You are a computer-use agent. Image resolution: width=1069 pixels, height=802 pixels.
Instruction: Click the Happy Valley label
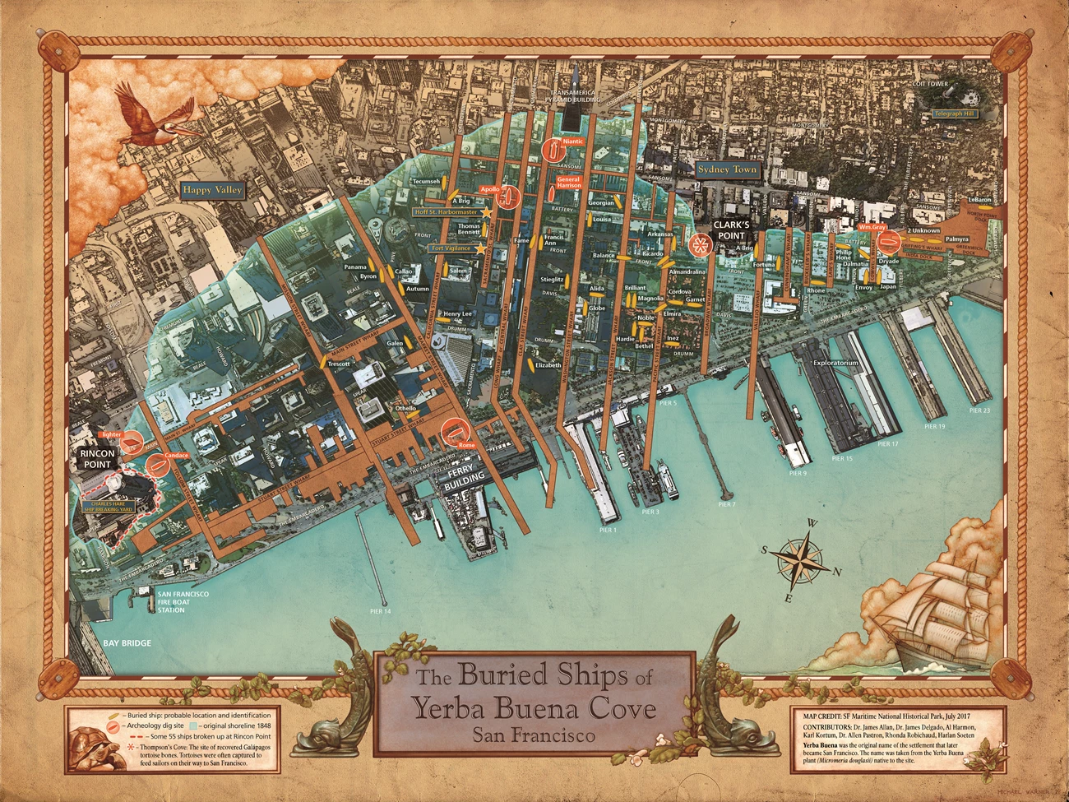pos(212,190)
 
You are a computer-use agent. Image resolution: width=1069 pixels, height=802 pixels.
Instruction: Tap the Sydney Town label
pos(727,169)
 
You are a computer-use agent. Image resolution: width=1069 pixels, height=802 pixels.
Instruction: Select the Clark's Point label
pos(730,230)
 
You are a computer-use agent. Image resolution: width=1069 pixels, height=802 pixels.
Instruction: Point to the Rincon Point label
pos(97,459)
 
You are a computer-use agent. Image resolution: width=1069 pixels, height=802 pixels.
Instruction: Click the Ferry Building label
pos(465,480)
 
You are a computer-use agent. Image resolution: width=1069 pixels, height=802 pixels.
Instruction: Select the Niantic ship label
pos(573,141)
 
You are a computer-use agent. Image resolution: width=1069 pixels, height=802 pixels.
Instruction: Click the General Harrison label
pos(568,183)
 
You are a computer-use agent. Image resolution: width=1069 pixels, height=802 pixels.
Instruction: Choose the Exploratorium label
pos(835,362)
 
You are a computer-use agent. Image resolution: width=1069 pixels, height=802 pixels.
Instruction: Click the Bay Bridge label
pos(127,643)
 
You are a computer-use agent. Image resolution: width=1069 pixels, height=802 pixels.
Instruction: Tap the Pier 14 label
pos(381,611)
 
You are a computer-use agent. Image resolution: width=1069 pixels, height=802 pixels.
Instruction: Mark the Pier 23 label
pos(979,410)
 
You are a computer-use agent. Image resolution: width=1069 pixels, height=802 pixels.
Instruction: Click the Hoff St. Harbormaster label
pos(446,212)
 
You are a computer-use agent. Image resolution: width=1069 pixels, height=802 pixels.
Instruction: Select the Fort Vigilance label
pos(451,248)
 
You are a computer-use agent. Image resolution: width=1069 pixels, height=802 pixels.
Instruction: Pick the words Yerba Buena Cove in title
pos(534,708)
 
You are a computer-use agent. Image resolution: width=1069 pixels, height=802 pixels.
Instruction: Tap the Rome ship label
pos(466,445)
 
